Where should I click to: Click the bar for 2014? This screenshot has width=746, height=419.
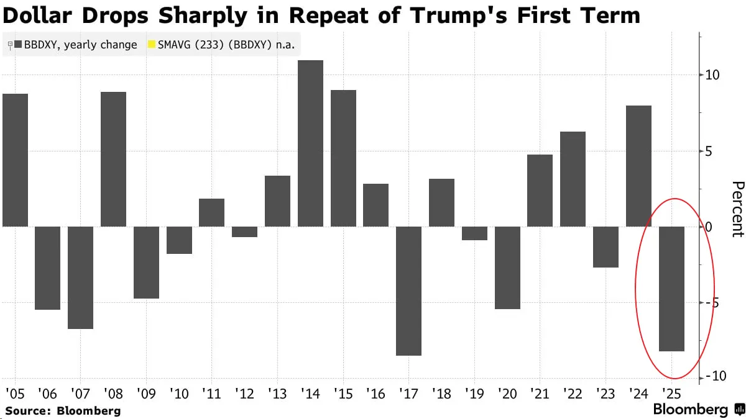pyautogui.click(x=310, y=143)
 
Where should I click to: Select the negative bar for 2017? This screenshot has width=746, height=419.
pyautogui.click(x=408, y=291)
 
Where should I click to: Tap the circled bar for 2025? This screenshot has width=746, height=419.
pyautogui.click(x=671, y=289)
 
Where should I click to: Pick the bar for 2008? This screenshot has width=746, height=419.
pyautogui.click(x=113, y=159)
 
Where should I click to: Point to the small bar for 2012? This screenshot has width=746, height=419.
pyautogui.click(x=244, y=232)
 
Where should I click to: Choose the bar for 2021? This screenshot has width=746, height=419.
pyautogui.click(x=540, y=191)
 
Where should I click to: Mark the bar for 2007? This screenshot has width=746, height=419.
pyautogui.click(x=80, y=277)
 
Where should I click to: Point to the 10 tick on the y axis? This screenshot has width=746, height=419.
pyautogui.click(x=712, y=76)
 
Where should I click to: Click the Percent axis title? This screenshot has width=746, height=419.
pyautogui.click(x=737, y=209)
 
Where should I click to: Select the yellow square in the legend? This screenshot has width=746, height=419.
pyautogui.click(x=151, y=45)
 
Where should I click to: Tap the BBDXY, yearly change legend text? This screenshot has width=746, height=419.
pyautogui.click(x=80, y=45)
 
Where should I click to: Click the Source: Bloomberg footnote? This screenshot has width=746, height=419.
pyautogui.click(x=63, y=410)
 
